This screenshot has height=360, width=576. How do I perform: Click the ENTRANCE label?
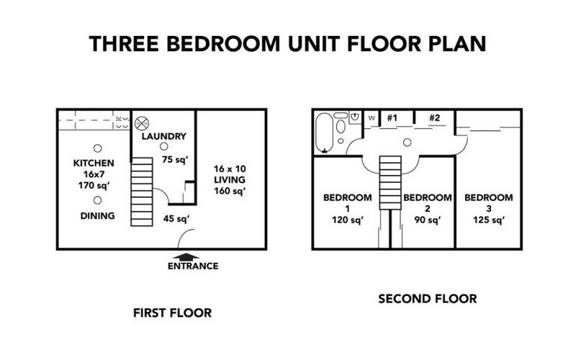click(192, 266)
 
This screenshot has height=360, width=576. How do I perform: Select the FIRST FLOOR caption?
click(172, 313)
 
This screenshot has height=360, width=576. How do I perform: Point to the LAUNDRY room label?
click(164, 136)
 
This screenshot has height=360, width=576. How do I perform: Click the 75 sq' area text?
click(174, 160)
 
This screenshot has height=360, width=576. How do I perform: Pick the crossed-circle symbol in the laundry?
click(142, 122)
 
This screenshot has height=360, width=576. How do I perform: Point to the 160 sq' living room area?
click(230, 191)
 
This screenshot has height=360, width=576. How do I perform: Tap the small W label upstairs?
click(372, 117)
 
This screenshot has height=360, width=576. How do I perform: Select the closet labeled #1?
click(393, 117)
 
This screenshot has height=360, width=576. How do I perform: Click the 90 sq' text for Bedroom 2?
click(427, 220)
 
